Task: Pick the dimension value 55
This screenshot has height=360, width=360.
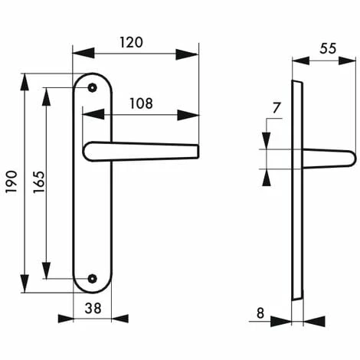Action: point(327,47)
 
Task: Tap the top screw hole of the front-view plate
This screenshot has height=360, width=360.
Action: point(93,88)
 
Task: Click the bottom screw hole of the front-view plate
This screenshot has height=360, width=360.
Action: point(93,280)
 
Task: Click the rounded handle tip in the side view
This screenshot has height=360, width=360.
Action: point(351,159)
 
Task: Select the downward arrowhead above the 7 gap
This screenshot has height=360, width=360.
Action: point(266,141)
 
